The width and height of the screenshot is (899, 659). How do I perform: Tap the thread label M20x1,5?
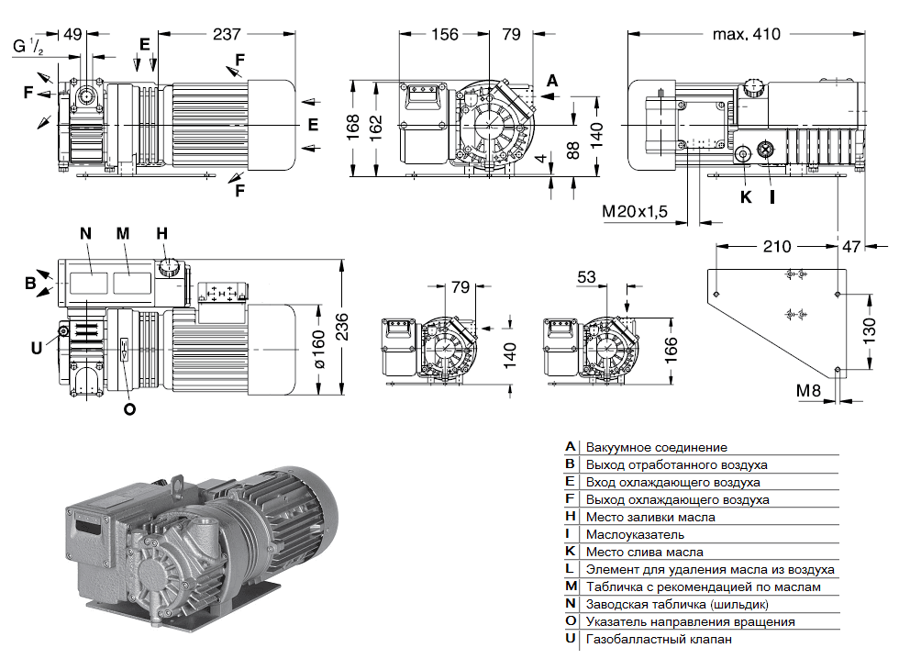pos(634,212)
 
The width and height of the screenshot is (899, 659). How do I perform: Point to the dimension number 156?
pos(444,34)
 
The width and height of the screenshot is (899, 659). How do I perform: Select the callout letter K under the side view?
pos(745,195)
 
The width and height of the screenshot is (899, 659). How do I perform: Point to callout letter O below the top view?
pos(128,409)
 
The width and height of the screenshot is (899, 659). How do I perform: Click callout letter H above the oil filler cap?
pos(161,233)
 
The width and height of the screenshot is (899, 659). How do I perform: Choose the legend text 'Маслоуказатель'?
pos(636,534)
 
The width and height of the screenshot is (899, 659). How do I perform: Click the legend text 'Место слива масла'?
pos(645,552)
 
